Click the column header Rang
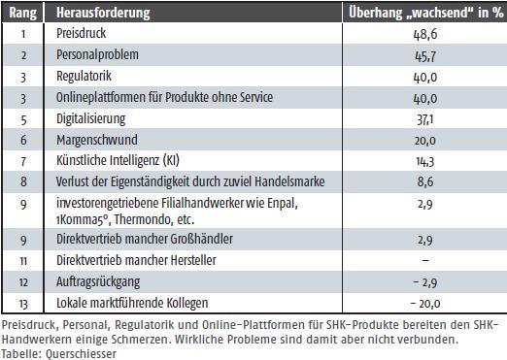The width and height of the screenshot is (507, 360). (22, 13)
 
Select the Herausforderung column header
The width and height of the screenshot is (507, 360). (103, 13)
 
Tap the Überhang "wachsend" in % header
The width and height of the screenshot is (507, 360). (425, 13)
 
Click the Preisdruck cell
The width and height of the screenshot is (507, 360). (82, 33)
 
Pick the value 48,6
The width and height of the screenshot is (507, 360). (425, 34)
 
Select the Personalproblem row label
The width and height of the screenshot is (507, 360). (97, 55)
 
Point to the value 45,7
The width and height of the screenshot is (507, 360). (425, 56)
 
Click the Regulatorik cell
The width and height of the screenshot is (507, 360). (84, 77)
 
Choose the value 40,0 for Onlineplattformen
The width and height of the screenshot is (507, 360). (425, 98)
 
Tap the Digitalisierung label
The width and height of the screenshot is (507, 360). (91, 118)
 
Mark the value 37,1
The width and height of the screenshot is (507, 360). (425, 119)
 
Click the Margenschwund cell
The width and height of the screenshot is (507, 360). (97, 140)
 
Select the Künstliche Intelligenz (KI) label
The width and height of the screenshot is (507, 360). (118, 160)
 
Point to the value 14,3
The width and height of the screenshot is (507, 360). (425, 161)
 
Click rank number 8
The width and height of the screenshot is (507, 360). (23, 181)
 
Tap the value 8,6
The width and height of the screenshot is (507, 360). (425, 182)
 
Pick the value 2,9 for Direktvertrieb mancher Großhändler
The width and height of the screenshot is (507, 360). (425, 240)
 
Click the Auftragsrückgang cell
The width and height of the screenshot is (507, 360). (98, 282)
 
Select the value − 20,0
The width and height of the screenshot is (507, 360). (425, 304)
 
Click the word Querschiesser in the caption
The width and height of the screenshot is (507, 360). (81, 353)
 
